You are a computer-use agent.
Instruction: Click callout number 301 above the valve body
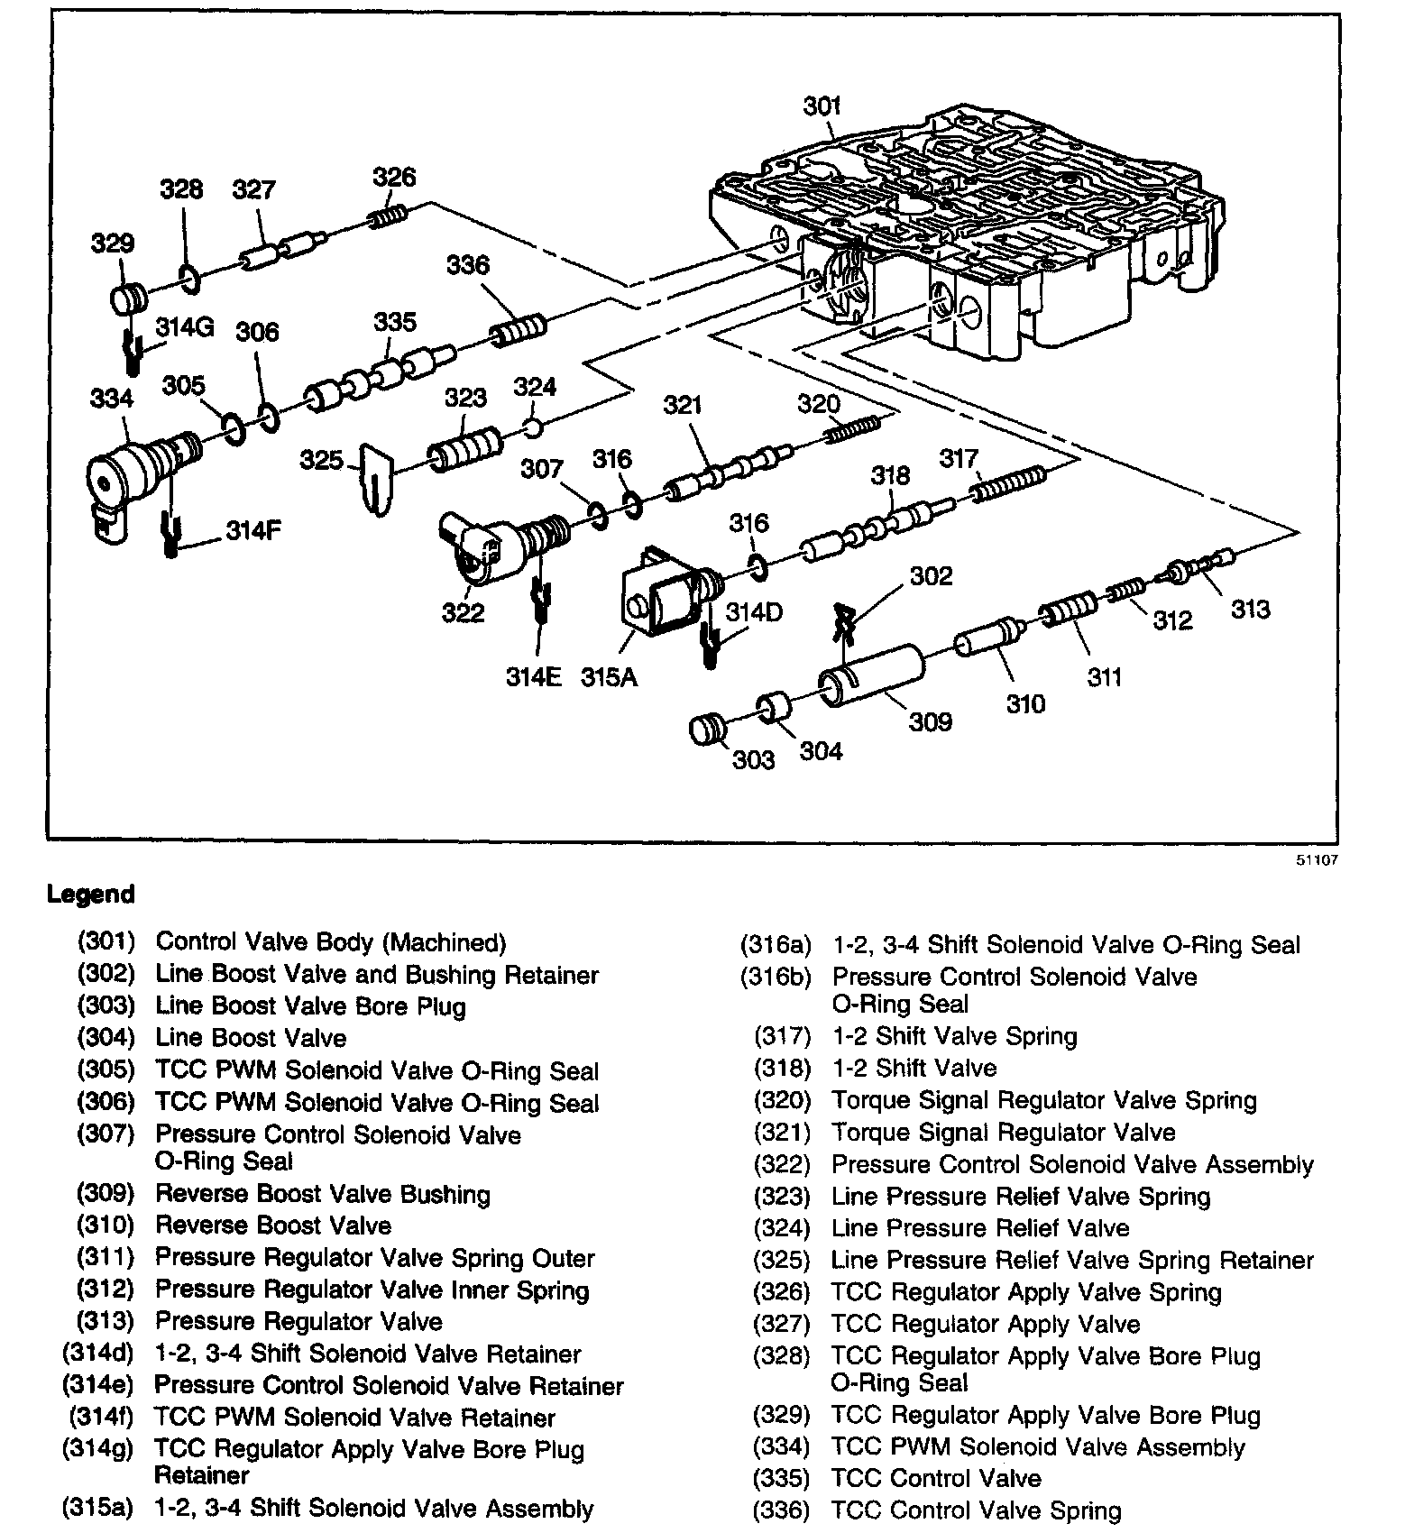pos(822,106)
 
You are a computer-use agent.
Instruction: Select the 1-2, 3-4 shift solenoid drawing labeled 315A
pos(664,599)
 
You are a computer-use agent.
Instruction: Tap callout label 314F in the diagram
pos(253,531)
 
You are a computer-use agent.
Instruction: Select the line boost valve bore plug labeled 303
pos(706,728)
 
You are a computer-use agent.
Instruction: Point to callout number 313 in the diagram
pos(1251,610)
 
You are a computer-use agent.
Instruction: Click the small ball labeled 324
pos(533,425)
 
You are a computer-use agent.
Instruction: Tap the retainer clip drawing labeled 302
pos(845,621)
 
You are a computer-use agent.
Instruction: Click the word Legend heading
pos(90,895)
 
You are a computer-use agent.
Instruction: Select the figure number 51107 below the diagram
pos(1318,860)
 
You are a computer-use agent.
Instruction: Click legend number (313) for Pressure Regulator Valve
pos(106,1322)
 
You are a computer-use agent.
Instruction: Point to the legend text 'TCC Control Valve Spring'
pos(977,1510)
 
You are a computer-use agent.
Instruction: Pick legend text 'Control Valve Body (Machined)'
pos(331,942)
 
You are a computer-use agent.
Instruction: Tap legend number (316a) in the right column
pos(776,945)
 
